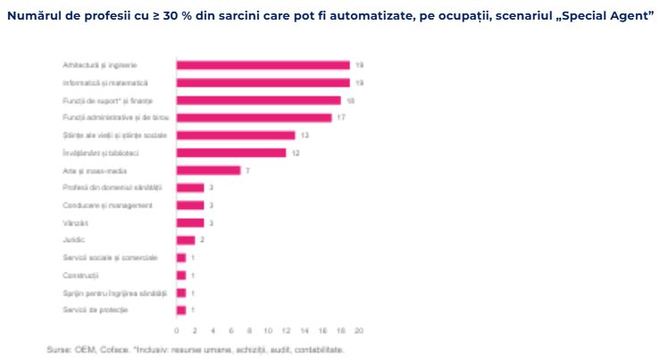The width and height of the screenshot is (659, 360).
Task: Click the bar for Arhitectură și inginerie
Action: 263,65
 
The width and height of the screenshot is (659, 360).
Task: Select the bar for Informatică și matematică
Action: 263,83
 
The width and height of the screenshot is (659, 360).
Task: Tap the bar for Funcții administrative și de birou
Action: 254,118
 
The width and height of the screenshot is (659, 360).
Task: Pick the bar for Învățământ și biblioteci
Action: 231,153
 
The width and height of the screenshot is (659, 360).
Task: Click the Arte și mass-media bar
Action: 208,170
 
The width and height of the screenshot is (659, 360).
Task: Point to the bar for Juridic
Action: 186,239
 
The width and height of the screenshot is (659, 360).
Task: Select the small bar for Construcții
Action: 181,275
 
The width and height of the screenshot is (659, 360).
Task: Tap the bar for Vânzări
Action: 190,222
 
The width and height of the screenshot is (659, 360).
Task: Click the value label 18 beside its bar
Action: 351,101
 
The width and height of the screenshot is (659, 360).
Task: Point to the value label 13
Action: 305,136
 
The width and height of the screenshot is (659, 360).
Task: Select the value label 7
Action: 248,171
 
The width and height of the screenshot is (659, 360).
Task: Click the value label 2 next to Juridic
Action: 203,240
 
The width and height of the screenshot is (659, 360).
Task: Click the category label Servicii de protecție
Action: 96,310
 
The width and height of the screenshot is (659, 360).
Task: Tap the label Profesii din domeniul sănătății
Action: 112,188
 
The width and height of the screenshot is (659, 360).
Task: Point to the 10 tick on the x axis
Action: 268,330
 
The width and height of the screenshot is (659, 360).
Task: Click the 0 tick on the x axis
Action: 177,330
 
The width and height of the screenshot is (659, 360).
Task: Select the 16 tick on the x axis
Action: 322,330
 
